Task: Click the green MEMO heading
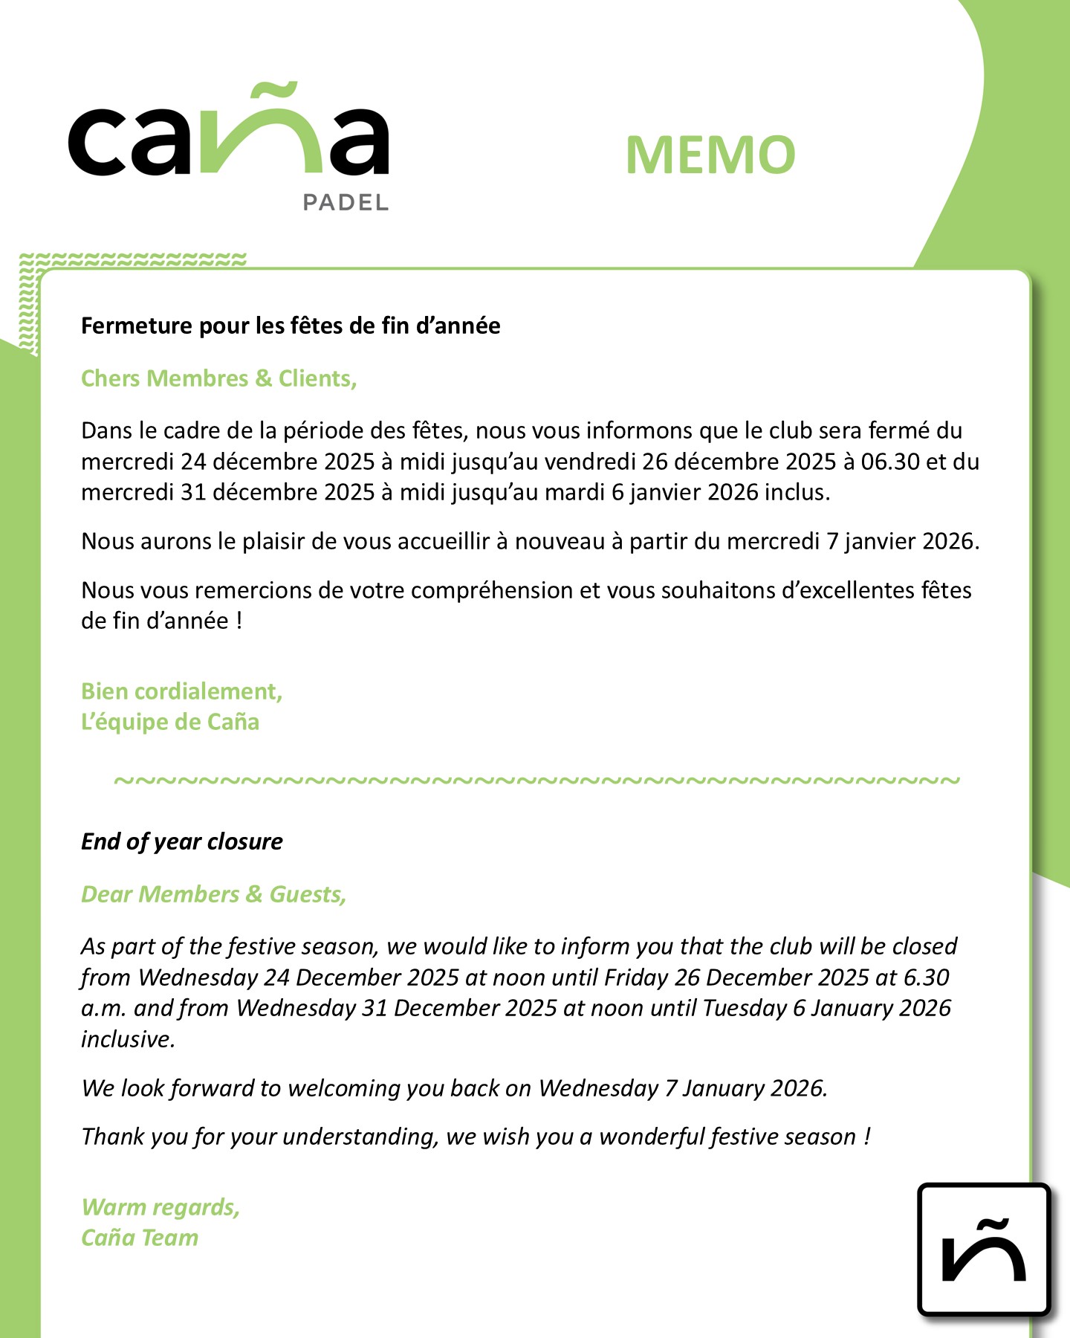click(x=710, y=155)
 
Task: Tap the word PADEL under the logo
click(x=346, y=202)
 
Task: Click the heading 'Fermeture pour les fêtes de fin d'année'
click(x=291, y=326)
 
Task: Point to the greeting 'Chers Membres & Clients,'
click(x=219, y=378)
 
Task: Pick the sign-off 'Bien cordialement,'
click(x=182, y=691)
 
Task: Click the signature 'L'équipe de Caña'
click(x=170, y=722)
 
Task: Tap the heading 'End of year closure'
click(x=182, y=841)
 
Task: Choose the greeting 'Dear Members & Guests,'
click(x=214, y=894)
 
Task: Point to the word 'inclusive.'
click(x=128, y=1039)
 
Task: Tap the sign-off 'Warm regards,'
click(x=161, y=1207)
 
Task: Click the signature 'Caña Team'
click(x=140, y=1238)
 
